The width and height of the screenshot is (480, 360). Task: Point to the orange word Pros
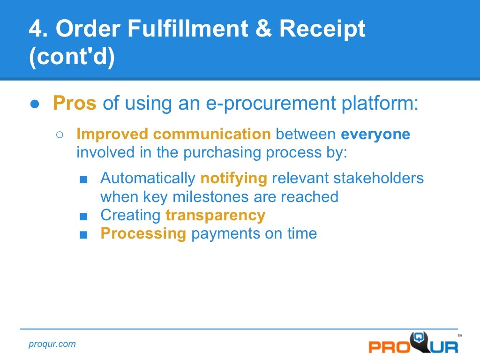point(75,103)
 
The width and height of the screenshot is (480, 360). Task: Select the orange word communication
point(212,135)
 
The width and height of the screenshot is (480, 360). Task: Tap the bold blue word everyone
point(375,135)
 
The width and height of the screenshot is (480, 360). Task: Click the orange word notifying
point(233,179)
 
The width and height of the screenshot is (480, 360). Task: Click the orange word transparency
point(215,215)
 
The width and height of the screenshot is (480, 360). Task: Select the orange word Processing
point(143,233)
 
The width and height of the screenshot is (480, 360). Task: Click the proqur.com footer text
point(52,344)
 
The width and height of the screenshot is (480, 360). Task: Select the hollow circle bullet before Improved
point(60,135)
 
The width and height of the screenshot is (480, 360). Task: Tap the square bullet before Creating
point(83,216)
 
